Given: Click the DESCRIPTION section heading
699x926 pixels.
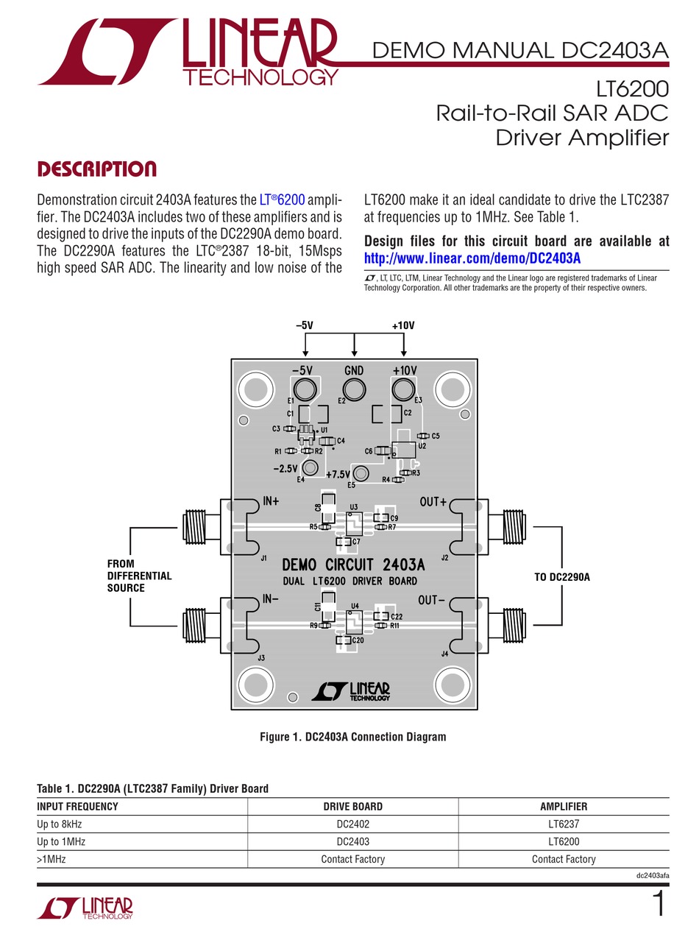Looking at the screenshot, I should pyautogui.click(x=96, y=169).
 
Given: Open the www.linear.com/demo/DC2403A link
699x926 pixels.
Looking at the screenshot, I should pyautogui.click(x=472, y=258).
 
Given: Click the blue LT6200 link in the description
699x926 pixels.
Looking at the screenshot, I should pyautogui.click(x=283, y=200).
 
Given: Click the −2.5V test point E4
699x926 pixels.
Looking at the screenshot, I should pyautogui.click(x=311, y=467).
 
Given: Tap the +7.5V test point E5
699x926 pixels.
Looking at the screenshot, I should pyautogui.click(x=361, y=473).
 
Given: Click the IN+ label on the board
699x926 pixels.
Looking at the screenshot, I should pyautogui.click(x=271, y=502).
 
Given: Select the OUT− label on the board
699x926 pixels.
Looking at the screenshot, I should pyautogui.click(x=433, y=600).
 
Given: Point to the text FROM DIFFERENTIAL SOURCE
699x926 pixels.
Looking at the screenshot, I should pyautogui.click(x=139, y=576).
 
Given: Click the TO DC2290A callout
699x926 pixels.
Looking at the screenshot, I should pyautogui.click(x=562, y=577).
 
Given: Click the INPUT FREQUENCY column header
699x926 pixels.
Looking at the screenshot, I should pyautogui.click(x=77, y=806).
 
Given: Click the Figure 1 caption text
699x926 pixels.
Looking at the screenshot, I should pyautogui.click(x=352, y=736).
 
